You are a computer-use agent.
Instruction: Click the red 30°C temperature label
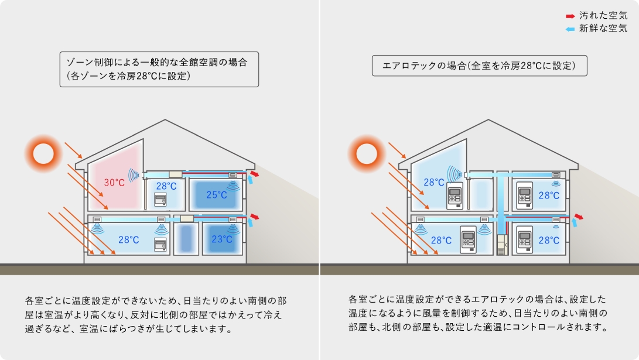114,183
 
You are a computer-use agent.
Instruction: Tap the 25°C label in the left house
216,195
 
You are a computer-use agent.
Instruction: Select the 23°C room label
222,239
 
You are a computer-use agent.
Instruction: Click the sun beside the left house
43,155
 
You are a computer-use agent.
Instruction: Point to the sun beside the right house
367,155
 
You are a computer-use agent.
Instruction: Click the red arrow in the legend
570,16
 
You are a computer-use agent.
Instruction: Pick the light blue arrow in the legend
570,29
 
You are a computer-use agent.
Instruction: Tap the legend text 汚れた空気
603,15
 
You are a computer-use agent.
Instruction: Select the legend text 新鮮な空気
603,29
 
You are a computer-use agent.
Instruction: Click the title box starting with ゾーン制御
159,69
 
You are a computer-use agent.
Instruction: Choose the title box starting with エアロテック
480,66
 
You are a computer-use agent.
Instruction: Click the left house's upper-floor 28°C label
166,186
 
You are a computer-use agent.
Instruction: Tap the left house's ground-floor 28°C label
129,240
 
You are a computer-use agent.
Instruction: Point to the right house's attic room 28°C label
434,183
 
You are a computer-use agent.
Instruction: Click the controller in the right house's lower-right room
524,239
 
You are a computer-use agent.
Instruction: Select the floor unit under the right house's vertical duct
503,245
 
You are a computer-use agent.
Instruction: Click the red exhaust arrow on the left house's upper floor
254,174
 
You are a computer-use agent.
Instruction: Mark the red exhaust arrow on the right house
578,217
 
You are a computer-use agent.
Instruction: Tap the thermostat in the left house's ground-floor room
160,244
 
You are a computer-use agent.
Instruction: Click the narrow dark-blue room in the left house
186,239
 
